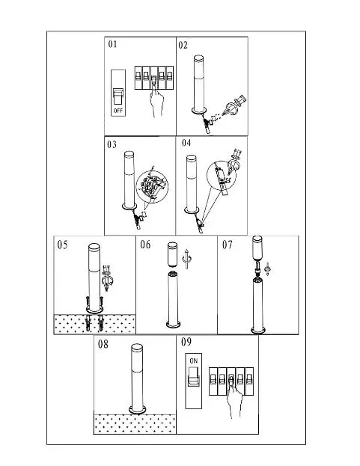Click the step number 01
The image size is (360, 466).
pyautogui.click(x=112, y=44)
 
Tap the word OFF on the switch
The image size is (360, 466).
pyautogui.click(x=118, y=111)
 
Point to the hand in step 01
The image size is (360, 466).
pyautogui.click(x=156, y=100)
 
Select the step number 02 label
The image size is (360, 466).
pyautogui.click(x=183, y=45)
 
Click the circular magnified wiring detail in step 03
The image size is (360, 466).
pyautogui.click(x=152, y=187)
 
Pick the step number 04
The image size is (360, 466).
pyautogui.click(x=186, y=143)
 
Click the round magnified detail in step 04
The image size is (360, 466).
pyautogui.click(x=222, y=176)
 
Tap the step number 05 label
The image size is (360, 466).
pyautogui.click(x=62, y=245)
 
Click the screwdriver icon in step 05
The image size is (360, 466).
pyautogui.click(x=107, y=278)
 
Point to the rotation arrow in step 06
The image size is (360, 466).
pyautogui.click(x=186, y=259)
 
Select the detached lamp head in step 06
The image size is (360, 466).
pyautogui.click(x=173, y=254)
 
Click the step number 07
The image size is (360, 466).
pyautogui.click(x=227, y=245)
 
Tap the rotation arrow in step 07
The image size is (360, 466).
pyautogui.click(x=267, y=269)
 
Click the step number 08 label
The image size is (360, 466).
pyautogui.click(x=103, y=344)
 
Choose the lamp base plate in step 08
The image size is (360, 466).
pyautogui.click(x=138, y=410)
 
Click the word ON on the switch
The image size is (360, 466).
pyautogui.click(x=194, y=361)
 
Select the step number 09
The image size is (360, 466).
pyautogui.click(x=186, y=342)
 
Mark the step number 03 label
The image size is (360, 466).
pyautogui.click(x=112, y=144)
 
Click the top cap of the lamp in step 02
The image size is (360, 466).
pyautogui.click(x=199, y=58)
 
